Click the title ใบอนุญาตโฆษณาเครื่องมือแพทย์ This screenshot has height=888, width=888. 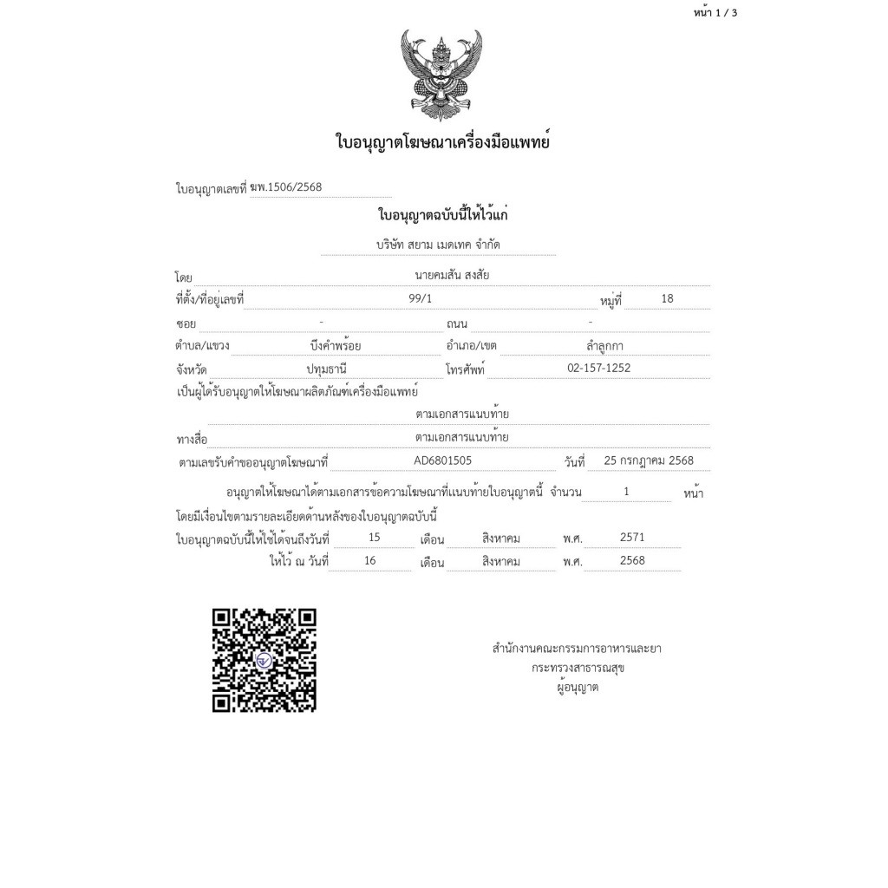[442, 141]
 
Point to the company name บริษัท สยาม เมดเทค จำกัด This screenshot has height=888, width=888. [438, 245]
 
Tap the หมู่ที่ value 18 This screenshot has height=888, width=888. [667, 299]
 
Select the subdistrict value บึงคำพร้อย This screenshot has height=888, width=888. [335, 346]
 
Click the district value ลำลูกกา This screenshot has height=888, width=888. [604, 346]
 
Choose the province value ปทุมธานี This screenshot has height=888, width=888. [326, 369]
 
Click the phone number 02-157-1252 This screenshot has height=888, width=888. [598, 369]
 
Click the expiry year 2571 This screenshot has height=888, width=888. [632, 538]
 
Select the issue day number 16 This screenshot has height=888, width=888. [370, 561]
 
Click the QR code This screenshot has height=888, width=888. [264, 660]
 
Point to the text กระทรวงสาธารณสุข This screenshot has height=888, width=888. [578, 668]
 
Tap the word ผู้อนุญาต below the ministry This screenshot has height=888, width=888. [578, 688]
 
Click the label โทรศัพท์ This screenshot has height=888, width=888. [465, 369]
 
